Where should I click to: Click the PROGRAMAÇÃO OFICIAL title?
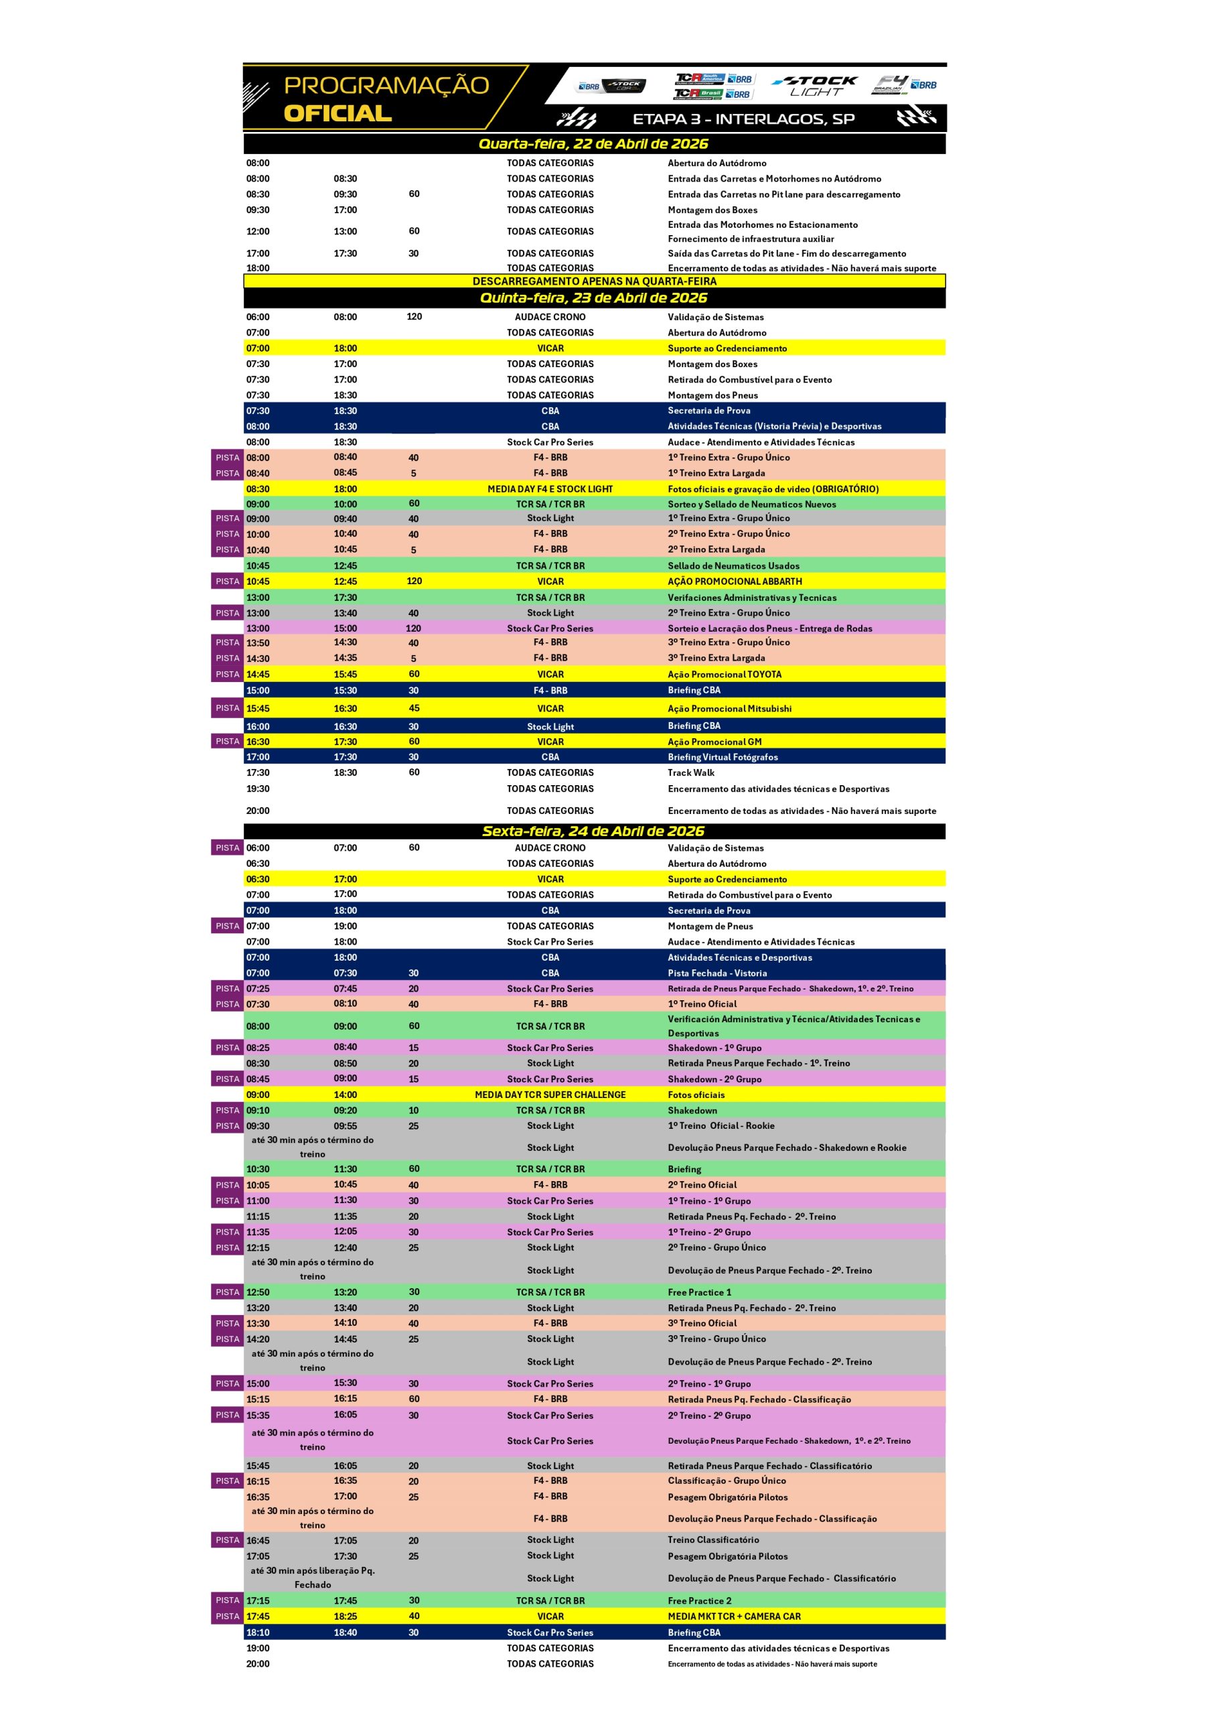click(x=386, y=98)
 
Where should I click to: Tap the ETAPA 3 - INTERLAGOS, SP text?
click(x=743, y=119)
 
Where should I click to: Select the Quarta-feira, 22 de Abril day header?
click(x=594, y=144)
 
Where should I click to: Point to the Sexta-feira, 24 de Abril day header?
click(x=594, y=831)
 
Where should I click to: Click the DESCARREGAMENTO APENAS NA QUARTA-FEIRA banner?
click(x=595, y=281)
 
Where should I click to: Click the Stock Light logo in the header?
click(x=816, y=86)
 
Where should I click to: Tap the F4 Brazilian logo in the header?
click(x=905, y=84)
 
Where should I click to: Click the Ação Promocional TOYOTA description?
click(x=725, y=675)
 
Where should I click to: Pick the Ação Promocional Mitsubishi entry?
click(x=730, y=709)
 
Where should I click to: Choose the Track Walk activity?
click(x=691, y=773)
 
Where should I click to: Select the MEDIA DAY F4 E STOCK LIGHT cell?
click(x=550, y=489)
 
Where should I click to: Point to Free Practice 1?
click(x=700, y=1292)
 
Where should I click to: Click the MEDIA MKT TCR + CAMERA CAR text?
click(x=734, y=1617)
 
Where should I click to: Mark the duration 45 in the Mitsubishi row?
click(x=414, y=708)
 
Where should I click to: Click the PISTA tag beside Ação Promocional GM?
click(x=228, y=742)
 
